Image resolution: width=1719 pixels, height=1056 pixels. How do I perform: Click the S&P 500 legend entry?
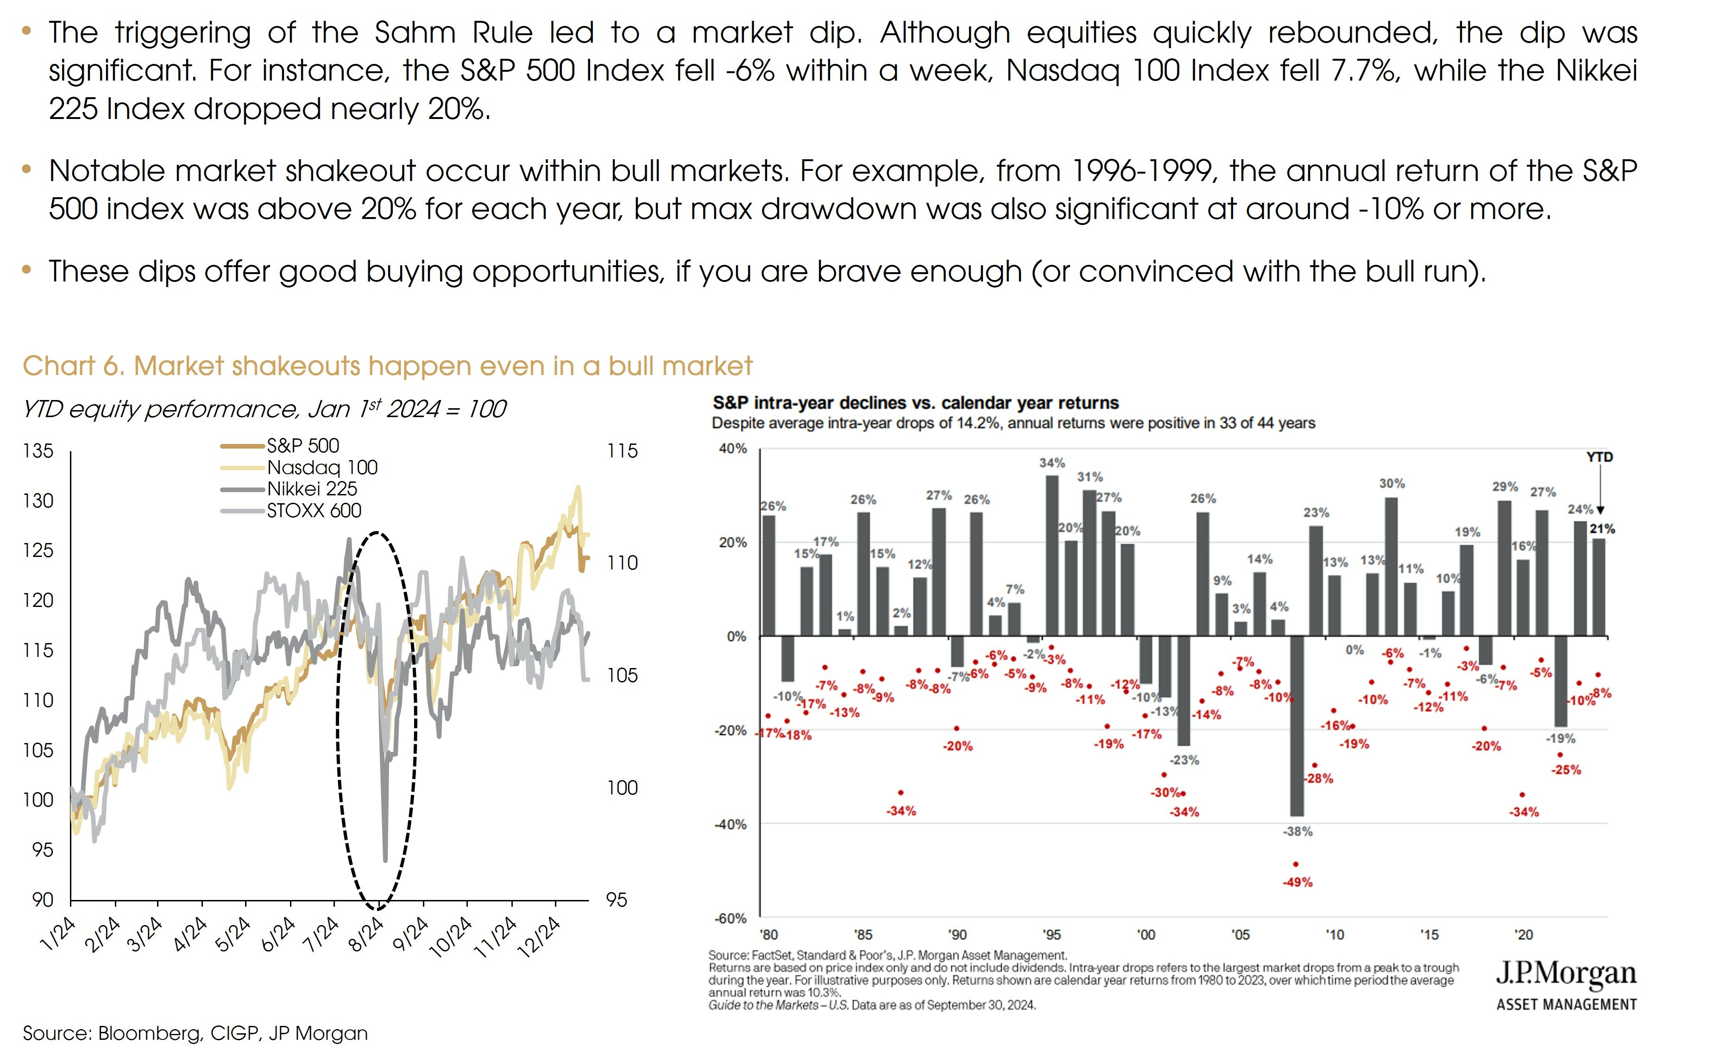302,445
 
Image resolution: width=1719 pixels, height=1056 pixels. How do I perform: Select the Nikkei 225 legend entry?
312,489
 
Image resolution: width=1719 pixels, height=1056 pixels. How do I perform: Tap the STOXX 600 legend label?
314,511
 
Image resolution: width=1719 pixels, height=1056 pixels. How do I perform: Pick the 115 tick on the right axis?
622,451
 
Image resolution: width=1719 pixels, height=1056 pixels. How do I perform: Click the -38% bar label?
1297,831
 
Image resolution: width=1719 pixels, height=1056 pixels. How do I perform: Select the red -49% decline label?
1297,882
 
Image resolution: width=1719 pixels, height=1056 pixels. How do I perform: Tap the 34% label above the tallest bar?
1052,463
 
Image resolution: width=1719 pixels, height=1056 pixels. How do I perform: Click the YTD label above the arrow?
1599,457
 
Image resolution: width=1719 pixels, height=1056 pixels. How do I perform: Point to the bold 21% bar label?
1602,530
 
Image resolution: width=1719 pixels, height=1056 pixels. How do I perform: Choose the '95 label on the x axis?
1052,935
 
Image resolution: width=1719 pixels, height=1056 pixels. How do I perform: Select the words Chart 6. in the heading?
73,366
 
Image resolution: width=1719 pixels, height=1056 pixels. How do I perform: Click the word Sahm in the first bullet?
415,33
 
